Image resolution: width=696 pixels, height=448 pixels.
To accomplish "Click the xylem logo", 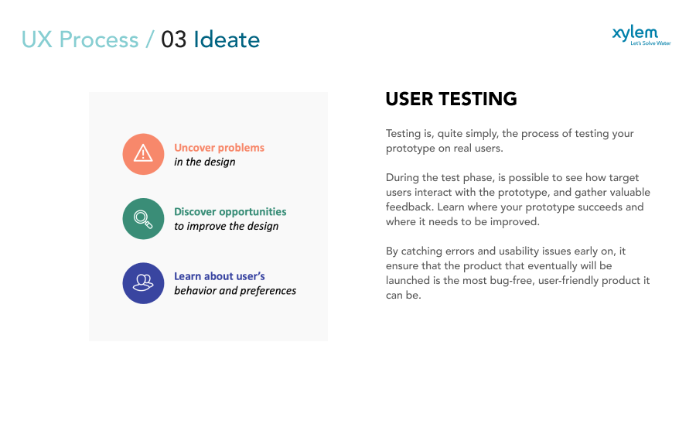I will click(x=635, y=32).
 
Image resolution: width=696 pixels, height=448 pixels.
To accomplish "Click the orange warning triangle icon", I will click(x=143, y=154).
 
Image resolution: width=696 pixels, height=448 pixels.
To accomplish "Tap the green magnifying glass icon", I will click(x=143, y=218).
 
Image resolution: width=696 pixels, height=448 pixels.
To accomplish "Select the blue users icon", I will click(x=143, y=282).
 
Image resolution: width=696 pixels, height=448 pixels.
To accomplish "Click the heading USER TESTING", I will click(x=451, y=99).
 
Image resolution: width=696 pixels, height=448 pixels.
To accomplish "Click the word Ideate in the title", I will click(x=227, y=39).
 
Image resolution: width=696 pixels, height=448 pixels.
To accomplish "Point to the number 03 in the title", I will click(x=174, y=39).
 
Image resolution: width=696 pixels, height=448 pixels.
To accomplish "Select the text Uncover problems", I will click(x=219, y=148).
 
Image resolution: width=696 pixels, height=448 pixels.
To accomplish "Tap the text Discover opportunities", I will click(x=230, y=212).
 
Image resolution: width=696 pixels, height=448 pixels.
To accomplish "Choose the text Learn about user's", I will click(x=220, y=276).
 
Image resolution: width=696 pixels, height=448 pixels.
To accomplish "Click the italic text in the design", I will click(x=204, y=162).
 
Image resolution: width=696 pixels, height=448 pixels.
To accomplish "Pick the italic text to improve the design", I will click(x=226, y=227).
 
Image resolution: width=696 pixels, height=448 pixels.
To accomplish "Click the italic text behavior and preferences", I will click(x=235, y=291).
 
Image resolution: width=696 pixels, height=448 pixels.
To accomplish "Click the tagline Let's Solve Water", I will click(x=650, y=43).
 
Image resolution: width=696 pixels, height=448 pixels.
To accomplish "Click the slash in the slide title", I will click(x=150, y=39).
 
